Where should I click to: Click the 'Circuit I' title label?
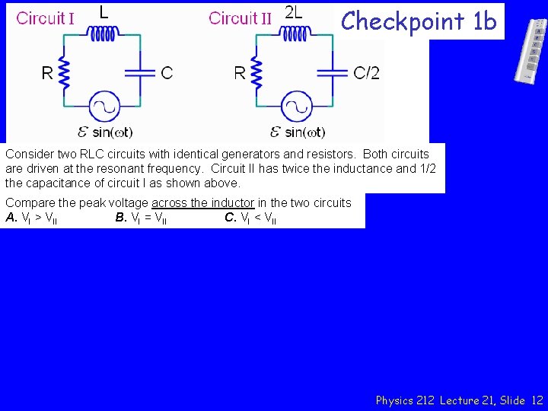45,18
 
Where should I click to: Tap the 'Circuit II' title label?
240,18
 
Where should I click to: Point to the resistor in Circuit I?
65,72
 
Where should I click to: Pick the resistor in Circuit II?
258,72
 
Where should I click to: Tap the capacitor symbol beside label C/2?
333,72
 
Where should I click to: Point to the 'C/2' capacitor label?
367,73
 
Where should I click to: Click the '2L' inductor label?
293,12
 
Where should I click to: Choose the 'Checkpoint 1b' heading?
419,21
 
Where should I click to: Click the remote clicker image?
530,49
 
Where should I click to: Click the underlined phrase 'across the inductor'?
202,202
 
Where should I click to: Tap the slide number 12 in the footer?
537,400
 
